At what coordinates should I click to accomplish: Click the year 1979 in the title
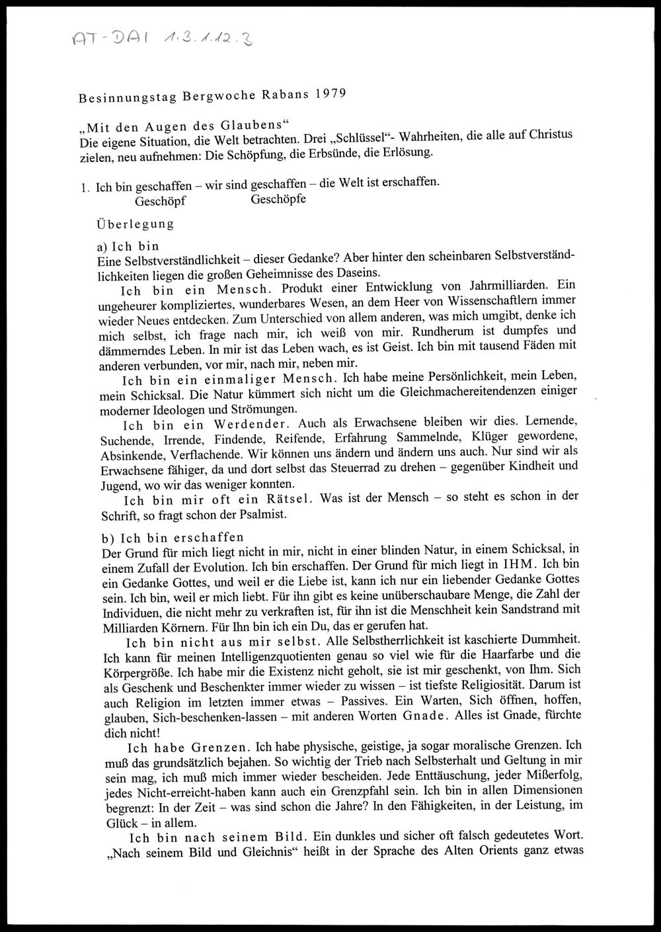pyautogui.click(x=329, y=93)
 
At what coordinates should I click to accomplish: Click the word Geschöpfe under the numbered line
pyautogui.click(x=278, y=199)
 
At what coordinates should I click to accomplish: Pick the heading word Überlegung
pyautogui.click(x=136, y=224)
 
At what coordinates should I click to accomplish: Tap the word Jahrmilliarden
pyautogui.click(x=504, y=286)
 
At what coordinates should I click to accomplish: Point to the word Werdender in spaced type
pyautogui.click(x=245, y=424)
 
